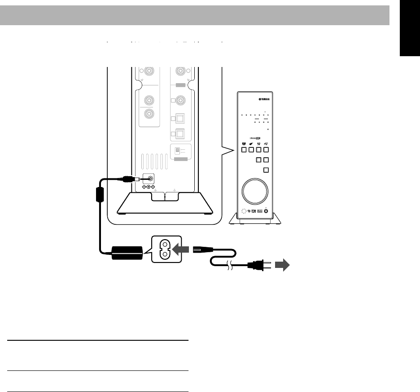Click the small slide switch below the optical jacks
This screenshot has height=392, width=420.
178,151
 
